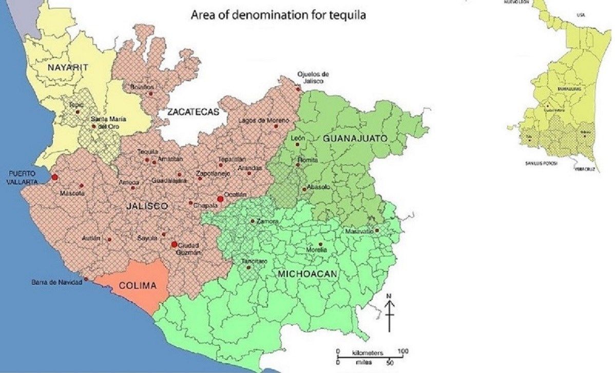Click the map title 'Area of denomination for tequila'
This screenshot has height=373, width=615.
click(278, 15)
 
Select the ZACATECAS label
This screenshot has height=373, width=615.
click(193, 112)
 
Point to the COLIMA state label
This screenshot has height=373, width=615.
click(137, 286)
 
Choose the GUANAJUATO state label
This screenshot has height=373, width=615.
click(354, 139)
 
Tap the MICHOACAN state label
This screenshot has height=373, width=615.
click(307, 274)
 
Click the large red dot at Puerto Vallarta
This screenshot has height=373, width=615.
click(55, 178)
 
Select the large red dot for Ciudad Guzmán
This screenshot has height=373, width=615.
click(174, 244)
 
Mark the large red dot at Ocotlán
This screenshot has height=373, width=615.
click(220, 199)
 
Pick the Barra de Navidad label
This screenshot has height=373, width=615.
click(56, 282)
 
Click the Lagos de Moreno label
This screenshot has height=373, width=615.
click(260, 120)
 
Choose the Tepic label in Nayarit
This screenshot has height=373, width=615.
click(76, 105)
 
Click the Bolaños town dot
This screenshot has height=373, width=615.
click(150, 93)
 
